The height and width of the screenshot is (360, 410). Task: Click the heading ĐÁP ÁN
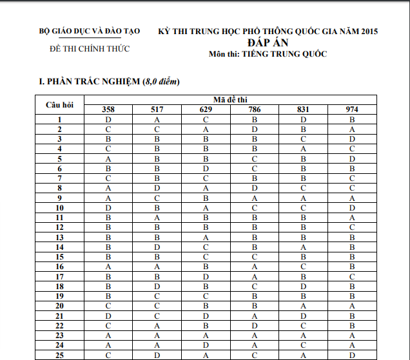pyautogui.click(x=268, y=42)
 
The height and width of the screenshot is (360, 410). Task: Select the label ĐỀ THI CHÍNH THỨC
pyautogui.click(x=90, y=49)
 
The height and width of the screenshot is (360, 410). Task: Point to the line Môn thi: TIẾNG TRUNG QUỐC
pyautogui.click(x=268, y=54)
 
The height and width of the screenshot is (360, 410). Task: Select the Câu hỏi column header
pyautogui.click(x=59, y=104)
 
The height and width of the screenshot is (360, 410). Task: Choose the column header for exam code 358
pyautogui.click(x=108, y=109)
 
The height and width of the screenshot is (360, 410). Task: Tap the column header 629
pyautogui.click(x=206, y=109)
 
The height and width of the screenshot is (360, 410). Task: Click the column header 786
pyautogui.click(x=255, y=109)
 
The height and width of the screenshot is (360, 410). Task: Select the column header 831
pyautogui.click(x=303, y=109)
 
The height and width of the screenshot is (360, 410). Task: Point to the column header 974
pyautogui.click(x=352, y=109)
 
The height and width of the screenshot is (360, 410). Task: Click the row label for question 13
pyautogui.click(x=59, y=237)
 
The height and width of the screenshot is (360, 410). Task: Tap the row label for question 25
pyautogui.click(x=59, y=355)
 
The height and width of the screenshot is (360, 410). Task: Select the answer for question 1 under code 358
pyautogui.click(x=108, y=120)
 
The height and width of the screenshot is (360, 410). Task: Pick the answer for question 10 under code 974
pyautogui.click(x=352, y=208)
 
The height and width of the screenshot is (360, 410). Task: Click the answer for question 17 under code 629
pyautogui.click(x=206, y=276)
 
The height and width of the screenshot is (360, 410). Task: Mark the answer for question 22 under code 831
pyautogui.click(x=303, y=325)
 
